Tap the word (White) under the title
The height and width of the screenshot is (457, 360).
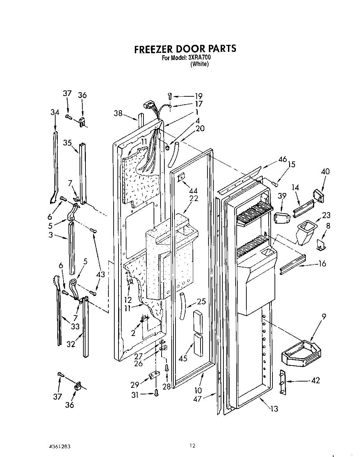point(199,64)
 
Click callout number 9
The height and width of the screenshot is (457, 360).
point(324,317)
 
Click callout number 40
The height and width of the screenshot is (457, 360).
point(325,171)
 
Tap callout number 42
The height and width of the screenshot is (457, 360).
point(315,380)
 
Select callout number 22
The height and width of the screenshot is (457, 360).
point(194,198)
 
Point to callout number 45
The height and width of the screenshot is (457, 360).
point(183,358)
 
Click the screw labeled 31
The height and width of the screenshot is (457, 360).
point(156,393)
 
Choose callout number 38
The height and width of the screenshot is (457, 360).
point(118,113)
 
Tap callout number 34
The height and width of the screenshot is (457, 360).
point(55,112)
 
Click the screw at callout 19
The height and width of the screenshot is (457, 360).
point(170,96)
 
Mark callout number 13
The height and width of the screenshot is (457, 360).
point(274,409)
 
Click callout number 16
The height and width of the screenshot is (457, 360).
point(322,264)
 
